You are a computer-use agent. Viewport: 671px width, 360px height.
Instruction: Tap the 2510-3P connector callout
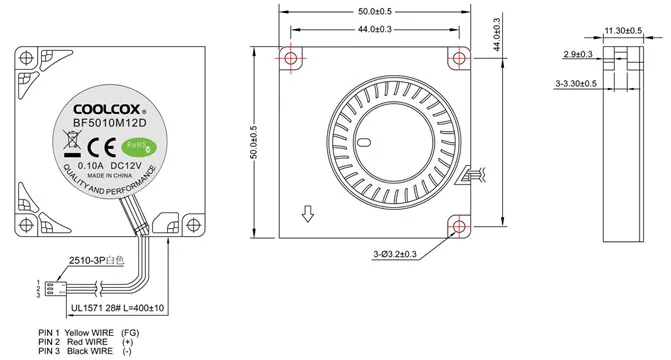point(95,260)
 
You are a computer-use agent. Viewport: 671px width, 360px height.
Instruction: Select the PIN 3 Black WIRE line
point(83,351)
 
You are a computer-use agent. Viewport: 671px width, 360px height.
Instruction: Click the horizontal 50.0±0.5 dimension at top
point(374,12)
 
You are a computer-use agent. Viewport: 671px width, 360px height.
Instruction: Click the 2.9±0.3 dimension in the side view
point(578,54)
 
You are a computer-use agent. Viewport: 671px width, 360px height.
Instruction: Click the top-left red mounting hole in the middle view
point(291,56)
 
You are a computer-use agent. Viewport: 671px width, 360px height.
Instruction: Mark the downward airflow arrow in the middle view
point(308,213)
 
